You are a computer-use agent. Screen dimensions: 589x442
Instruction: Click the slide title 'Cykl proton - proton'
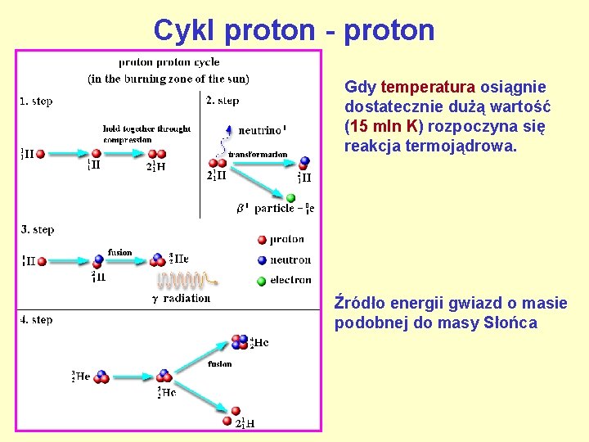[294, 30]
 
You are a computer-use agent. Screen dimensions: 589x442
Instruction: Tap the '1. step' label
[36, 101]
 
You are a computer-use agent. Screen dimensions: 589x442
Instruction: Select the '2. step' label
[223, 101]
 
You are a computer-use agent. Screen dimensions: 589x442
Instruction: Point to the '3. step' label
[38, 230]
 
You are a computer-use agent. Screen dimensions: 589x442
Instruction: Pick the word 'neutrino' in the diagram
[259, 130]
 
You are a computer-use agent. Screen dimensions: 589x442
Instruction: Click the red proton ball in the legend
[261, 239]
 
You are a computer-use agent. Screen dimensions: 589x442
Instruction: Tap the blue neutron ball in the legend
[261, 260]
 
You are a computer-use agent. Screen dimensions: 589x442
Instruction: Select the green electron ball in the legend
[261, 281]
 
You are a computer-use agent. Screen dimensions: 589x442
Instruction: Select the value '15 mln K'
[384, 127]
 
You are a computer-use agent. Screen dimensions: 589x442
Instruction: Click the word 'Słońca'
[510, 323]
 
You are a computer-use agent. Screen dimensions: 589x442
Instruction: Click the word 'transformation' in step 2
[258, 154]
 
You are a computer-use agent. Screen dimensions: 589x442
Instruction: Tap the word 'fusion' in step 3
[119, 252]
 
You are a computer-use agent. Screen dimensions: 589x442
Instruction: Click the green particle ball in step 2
[290, 197]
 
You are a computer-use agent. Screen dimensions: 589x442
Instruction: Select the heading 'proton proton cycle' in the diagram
[169, 62]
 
